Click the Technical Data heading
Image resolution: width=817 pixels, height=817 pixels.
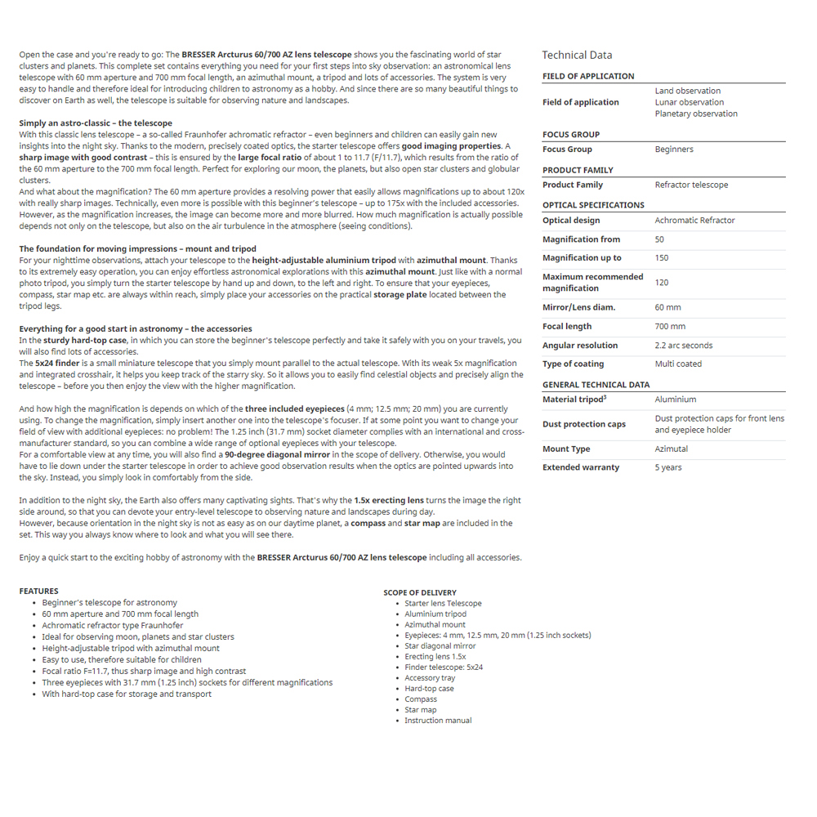pyautogui.click(x=577, y=55)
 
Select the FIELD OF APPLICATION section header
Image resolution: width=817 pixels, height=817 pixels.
pyautogui.click(x=588, y=76)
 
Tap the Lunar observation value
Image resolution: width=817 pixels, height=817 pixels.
pyautogui.click(x=689, y=102)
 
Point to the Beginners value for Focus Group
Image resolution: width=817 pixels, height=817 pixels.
pyautogui.click(x=674, y=150)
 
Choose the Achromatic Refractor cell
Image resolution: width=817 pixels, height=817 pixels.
pyautogui.click(x=694, y=221)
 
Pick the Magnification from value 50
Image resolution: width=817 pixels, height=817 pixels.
pyautogui.click(x=659, y=239)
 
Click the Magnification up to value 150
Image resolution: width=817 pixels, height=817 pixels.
pyautogui.click(x=662, y=258)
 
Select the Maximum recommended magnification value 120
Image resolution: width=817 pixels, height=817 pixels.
pyautogui.click(x=662, y=282)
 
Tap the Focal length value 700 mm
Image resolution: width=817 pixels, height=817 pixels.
pyautogui.click(x=670, y=326)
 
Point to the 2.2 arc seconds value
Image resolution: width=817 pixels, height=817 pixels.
pyautogui.click(x=684, y=346)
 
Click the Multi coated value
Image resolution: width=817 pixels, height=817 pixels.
pyautogui.click(x=678, y=364)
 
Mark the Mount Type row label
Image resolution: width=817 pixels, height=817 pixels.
pyautogui.click(x=566, y=449)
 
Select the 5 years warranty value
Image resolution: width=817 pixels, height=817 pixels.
pyautogui.click(x=668, y=467)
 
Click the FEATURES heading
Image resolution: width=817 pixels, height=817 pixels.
pyautogui.click(x=39, y=591)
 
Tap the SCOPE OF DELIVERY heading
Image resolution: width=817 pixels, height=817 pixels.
pyautogui.click(x=420, y=592)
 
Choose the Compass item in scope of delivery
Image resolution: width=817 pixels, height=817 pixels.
pyautogui.click(x=421, y=699)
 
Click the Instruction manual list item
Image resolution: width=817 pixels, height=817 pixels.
pyautogui.click(x=438, y=721)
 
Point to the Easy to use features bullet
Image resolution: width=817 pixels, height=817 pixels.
pyautogui.click(x=122, y=659)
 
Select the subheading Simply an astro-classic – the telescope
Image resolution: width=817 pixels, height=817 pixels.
pyautogui.click(x=96, y=123)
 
